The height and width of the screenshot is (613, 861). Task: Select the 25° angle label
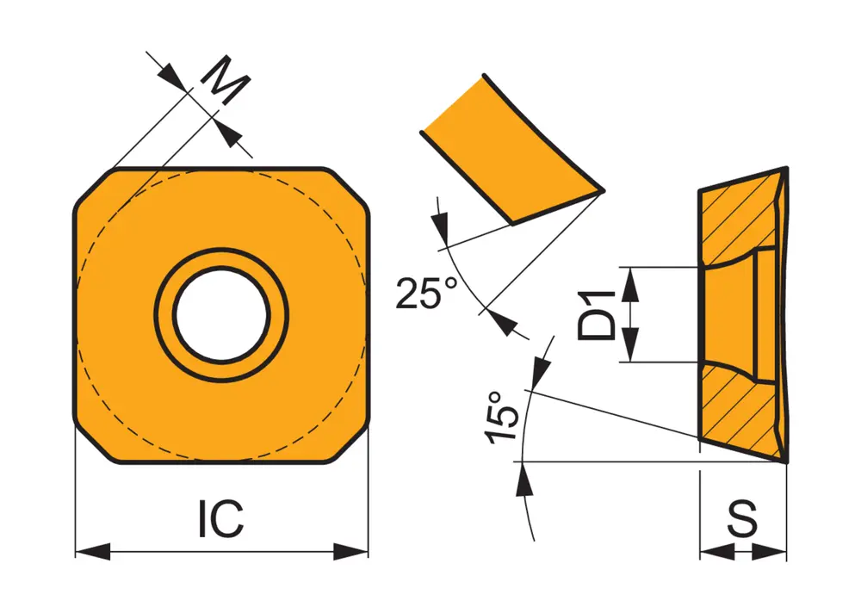point(428,293)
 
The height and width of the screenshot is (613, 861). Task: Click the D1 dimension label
point(598,315)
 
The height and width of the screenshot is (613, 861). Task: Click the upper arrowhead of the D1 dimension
point(632,282)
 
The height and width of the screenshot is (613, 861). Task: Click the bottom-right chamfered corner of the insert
point(351,443)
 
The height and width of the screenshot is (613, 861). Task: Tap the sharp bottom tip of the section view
point(786,461)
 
